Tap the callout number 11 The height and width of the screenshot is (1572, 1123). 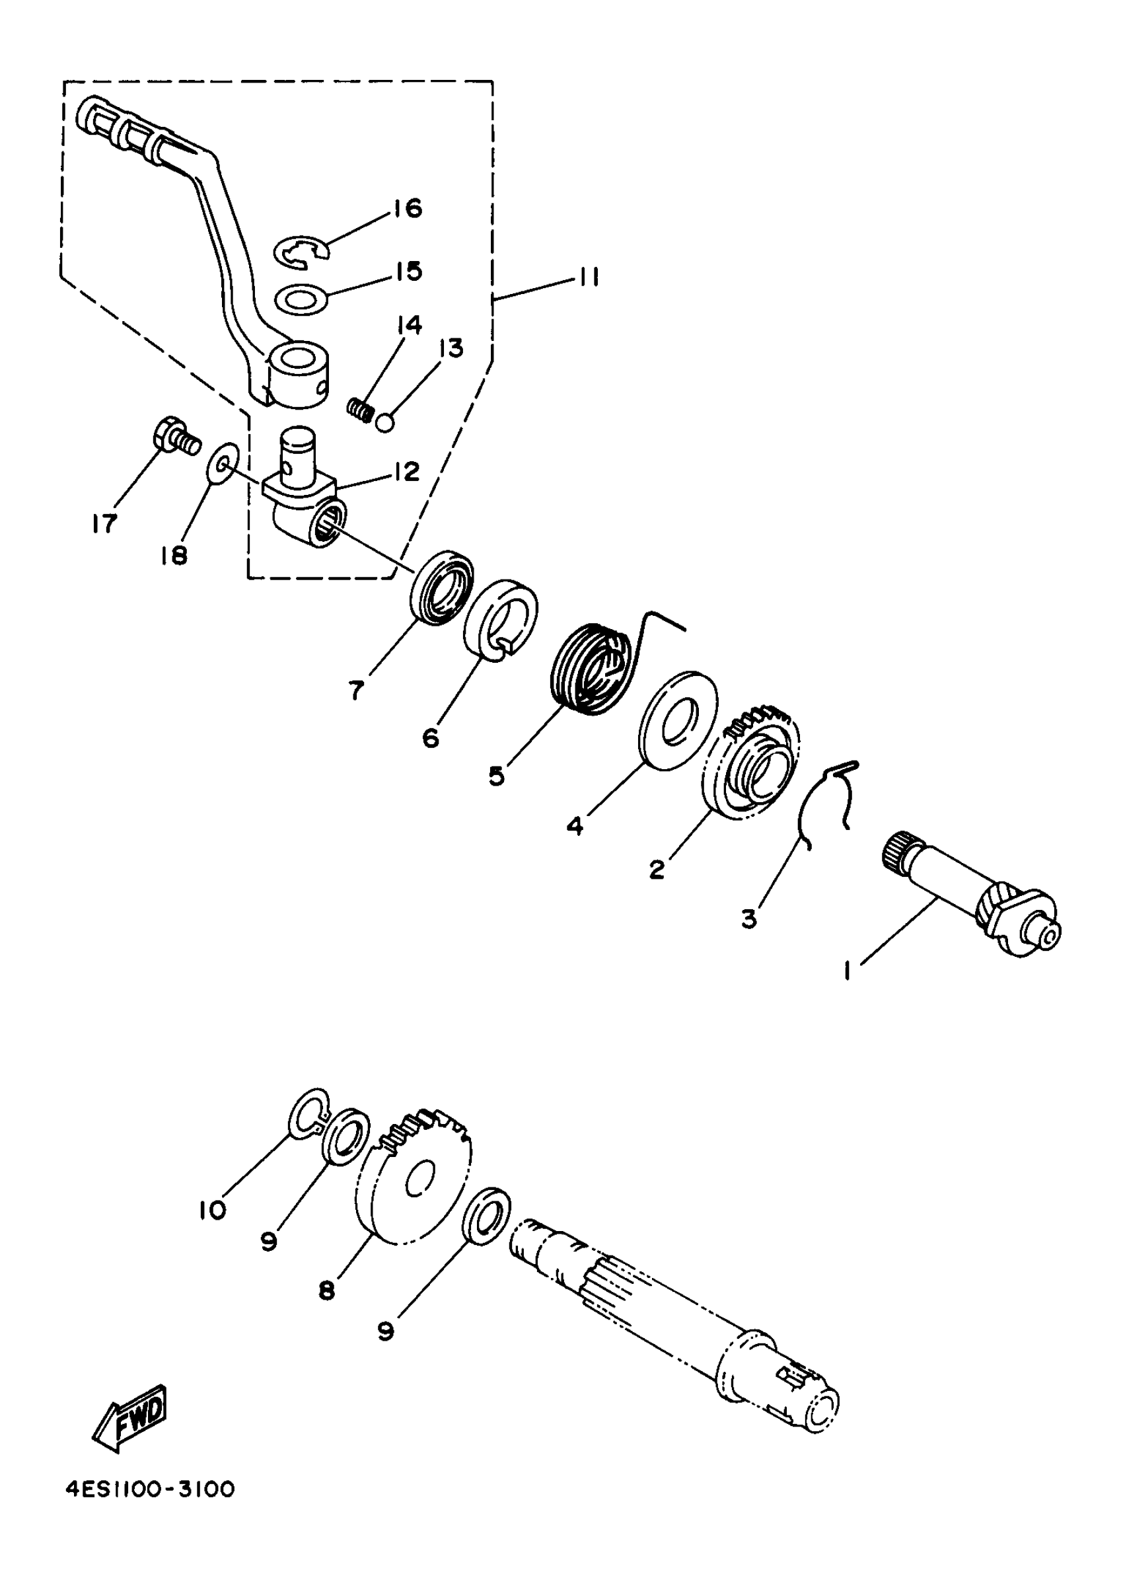(586, 278)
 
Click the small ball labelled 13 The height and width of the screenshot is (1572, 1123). (384, 421)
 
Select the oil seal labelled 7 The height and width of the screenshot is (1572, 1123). (442, 588)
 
